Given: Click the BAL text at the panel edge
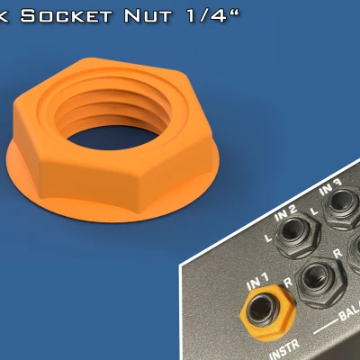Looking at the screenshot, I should (x=347, y=316).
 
